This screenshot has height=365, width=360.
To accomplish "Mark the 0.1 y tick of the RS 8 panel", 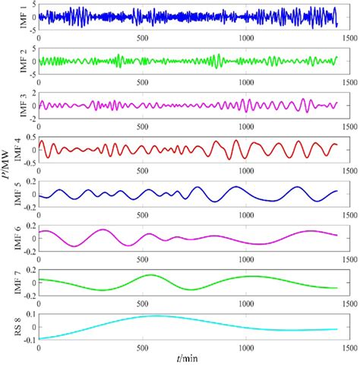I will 29,312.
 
